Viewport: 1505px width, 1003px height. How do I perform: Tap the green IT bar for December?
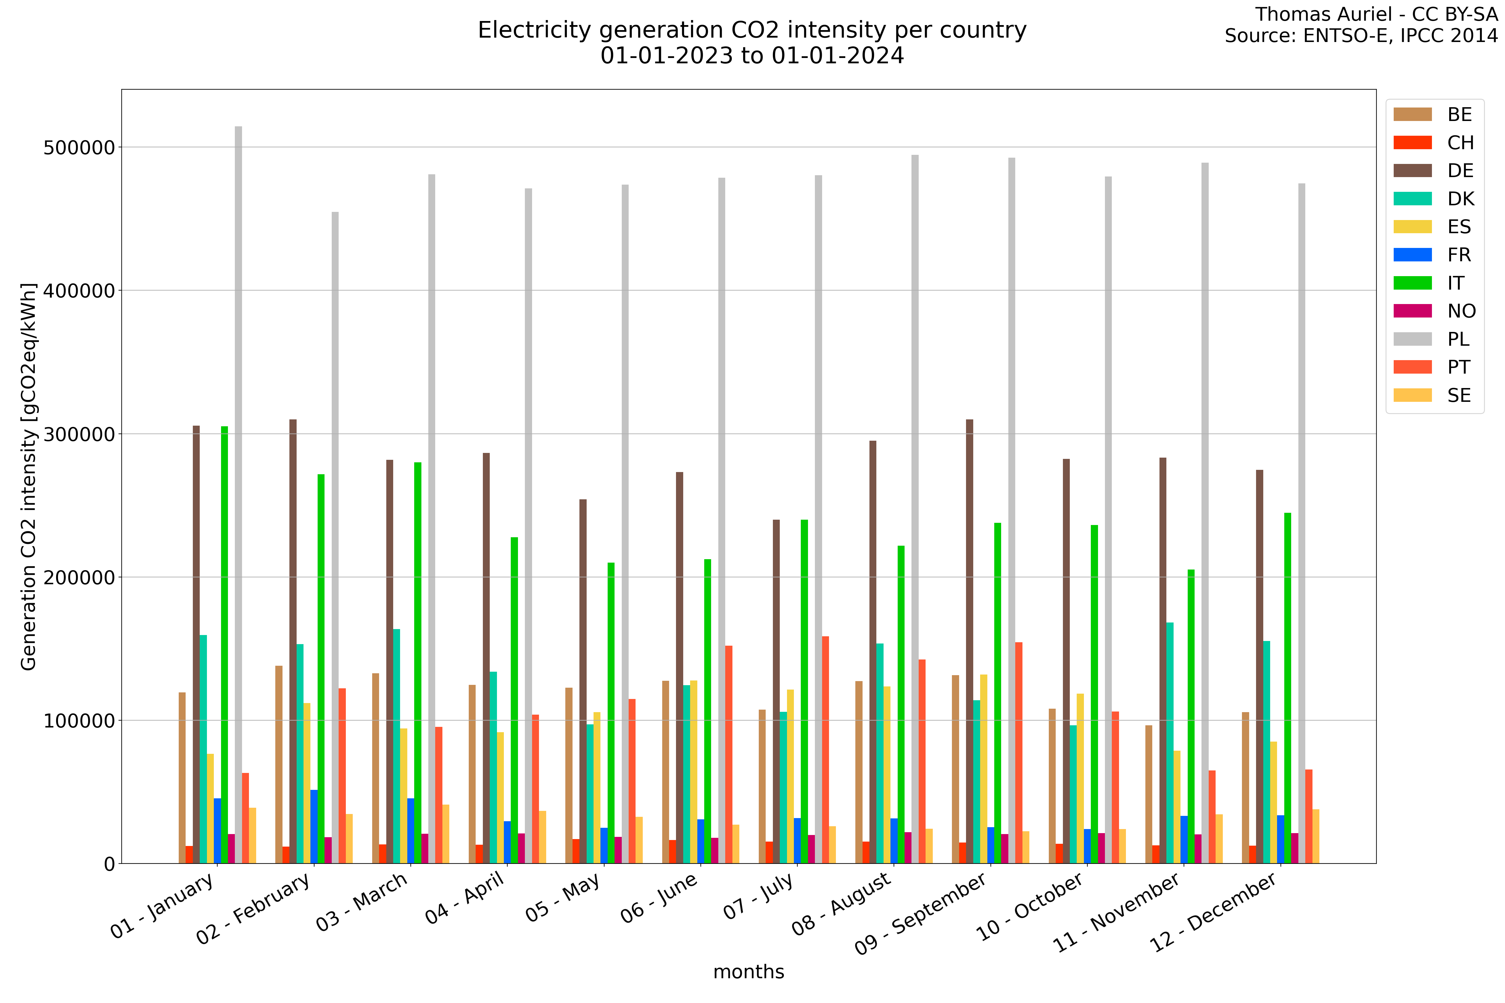point(1287,688)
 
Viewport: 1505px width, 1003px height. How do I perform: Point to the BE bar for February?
point(279,764)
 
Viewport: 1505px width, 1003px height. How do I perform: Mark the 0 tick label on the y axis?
point(109,864)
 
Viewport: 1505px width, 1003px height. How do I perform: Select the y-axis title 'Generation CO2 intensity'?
point(28,476)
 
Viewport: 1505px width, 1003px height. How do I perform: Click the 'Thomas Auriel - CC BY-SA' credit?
point(1376,14)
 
